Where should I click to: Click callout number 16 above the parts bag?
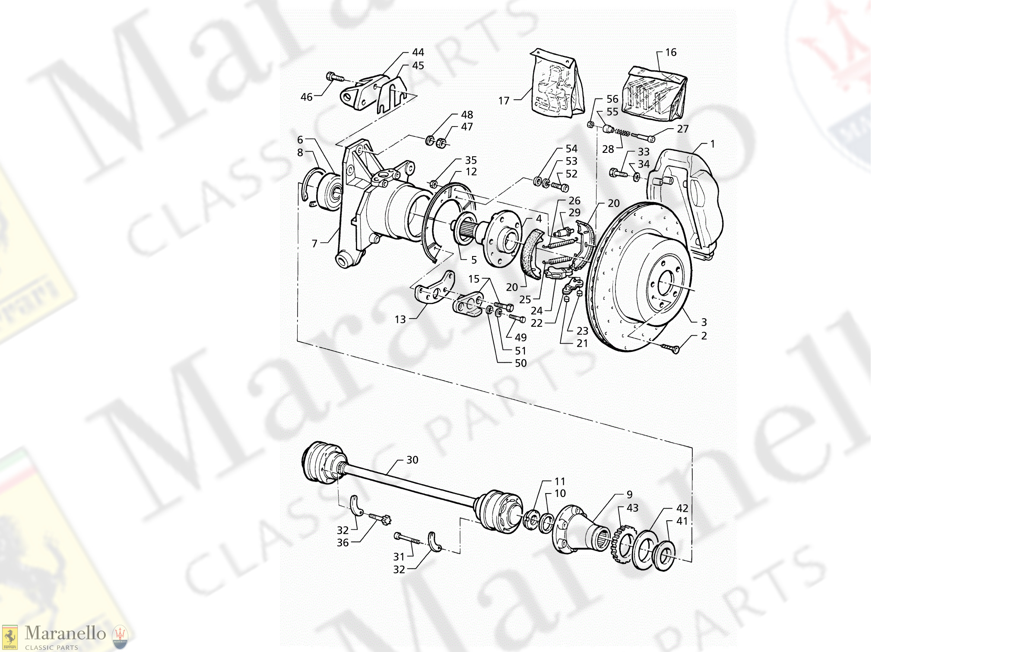click(670, 53)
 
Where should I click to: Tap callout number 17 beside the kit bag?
click(504, 101)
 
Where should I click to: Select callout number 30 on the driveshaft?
click(412, 460)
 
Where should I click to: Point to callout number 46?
click(306, 98)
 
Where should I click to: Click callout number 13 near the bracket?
click(400, 320)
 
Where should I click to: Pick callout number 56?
click(612, 99)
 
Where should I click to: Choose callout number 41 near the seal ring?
click(682, 521)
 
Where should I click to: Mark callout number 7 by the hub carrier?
click(314, 244)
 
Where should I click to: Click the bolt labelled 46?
click(334, 78)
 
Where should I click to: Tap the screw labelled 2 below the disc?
click(670, 348)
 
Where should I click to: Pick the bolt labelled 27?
click(644, 137)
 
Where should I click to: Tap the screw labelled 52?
click(560, 187)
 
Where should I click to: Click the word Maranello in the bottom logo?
click(65, 633)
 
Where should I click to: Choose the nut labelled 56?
click(591, 125)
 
